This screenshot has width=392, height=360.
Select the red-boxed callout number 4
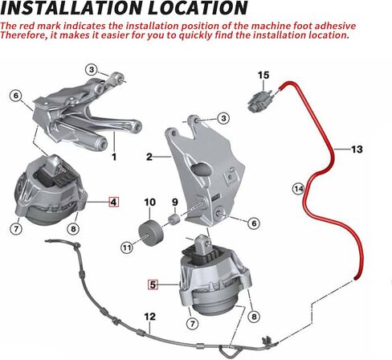(113, 202)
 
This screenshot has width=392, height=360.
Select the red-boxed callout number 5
(153, 284)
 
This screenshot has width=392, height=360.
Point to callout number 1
(113, 157)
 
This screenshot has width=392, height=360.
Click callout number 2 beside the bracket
(149, 157)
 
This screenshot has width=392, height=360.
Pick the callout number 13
(357, 149)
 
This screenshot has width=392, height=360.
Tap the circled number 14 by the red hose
(298, 189)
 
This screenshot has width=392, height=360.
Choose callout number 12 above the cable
(149, 317)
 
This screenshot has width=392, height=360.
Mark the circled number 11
(127, 247)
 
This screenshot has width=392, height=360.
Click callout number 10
(149, 202)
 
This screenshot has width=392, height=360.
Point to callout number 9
(174, 202)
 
